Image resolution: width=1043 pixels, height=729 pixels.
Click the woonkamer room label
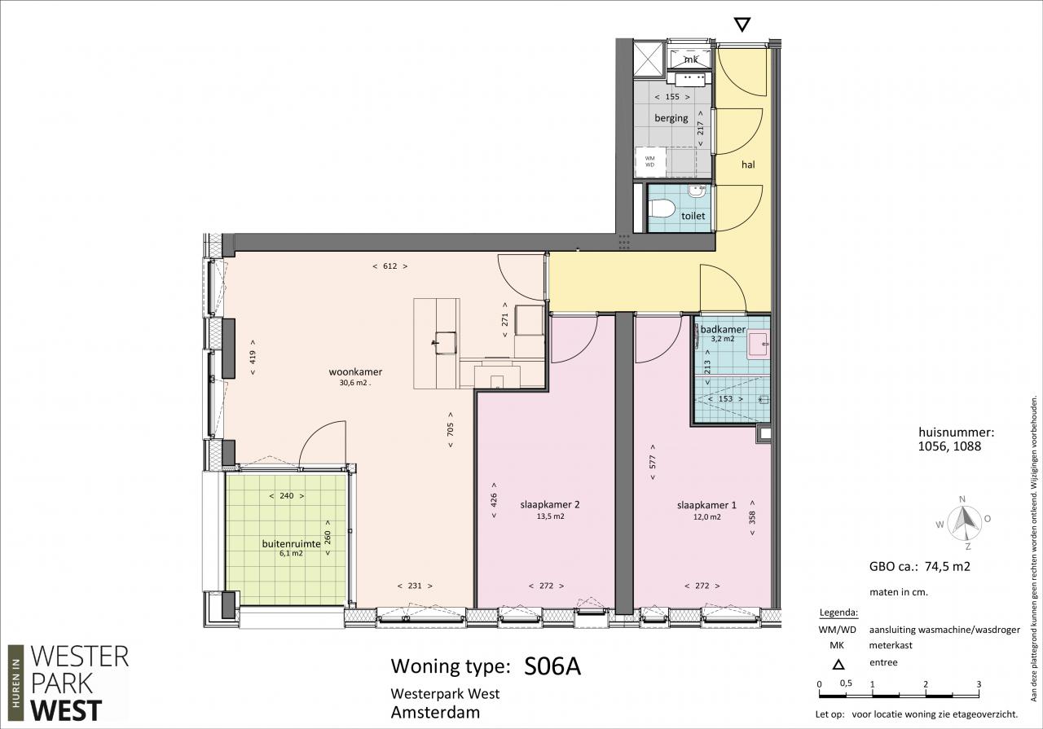coord(355,372)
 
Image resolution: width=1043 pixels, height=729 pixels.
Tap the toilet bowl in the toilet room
coord(662,209)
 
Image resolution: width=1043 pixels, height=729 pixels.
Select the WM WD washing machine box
coord(650,162)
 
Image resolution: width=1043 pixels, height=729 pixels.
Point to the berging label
coord(671,118)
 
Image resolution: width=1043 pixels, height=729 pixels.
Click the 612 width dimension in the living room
coord(390,266)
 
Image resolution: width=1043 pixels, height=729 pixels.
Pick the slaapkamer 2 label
coord(550,505)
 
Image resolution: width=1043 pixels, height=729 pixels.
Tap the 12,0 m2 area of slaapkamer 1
coord(706,516)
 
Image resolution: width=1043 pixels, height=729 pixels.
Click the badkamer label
coord(723,330)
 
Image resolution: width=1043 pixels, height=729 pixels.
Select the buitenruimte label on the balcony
coord(291,544)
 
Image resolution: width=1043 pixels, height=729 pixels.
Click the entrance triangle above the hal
coord(742,24)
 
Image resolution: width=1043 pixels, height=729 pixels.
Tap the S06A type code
coord(552,666)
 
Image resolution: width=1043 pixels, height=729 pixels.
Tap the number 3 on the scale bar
coord(979,684)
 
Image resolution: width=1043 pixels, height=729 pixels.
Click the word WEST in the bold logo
coord(66,710)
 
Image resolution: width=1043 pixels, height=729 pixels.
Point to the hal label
coord(748,165)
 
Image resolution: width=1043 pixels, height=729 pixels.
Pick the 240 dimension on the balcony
coord(287,496)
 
